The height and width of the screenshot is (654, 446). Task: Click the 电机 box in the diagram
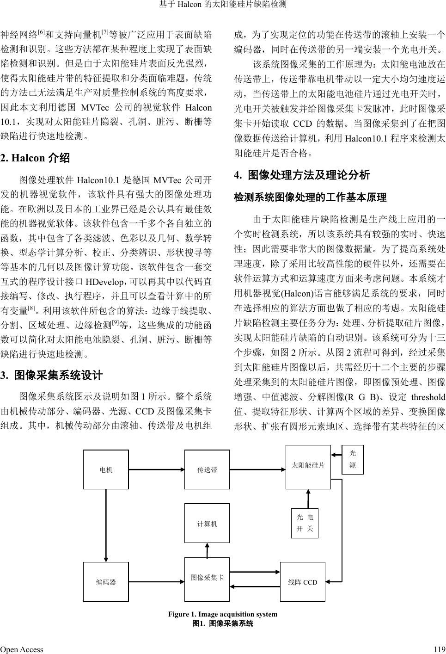106,469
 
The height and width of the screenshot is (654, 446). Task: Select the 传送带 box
207,469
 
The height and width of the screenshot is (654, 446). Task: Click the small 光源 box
352,459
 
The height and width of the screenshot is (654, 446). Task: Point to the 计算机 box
207,524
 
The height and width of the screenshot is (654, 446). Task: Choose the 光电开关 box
305,523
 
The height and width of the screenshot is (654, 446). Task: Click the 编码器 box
106,582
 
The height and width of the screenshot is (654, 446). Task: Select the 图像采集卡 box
207,578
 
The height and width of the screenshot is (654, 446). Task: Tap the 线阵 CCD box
303,582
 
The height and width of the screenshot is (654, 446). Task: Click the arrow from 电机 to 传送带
156,469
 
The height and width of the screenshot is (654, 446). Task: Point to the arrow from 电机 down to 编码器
106,525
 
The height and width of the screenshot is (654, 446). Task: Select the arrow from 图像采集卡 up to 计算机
207,550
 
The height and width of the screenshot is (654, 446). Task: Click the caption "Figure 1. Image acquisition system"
223,614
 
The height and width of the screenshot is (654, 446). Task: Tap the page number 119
440,649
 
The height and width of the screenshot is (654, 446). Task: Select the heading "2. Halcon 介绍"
35,158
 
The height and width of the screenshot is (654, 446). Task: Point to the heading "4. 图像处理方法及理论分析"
302,175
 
